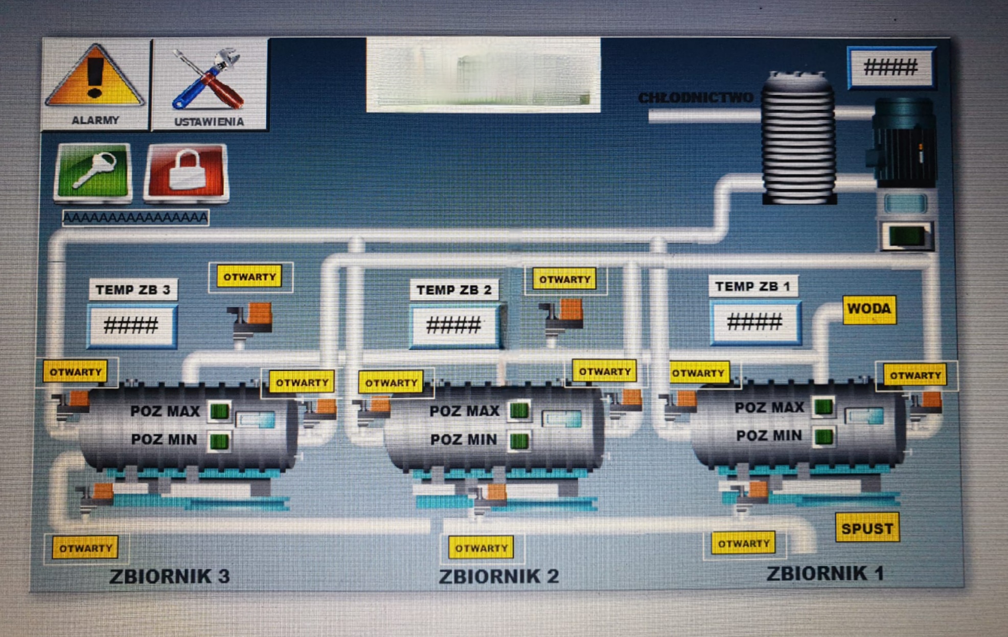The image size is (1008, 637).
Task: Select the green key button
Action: [93, 171]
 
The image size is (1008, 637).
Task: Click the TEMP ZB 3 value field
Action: [132, 326]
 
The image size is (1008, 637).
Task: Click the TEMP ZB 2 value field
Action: [454, 326]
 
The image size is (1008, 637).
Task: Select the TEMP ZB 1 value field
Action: [754, 322]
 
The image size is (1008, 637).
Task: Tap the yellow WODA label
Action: [869, 309]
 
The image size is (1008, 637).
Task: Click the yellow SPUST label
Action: [867, 528]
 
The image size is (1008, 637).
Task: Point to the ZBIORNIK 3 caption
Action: [170, 576]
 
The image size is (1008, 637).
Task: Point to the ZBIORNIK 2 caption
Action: [499, 576]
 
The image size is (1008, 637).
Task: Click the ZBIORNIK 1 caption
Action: [825, 573]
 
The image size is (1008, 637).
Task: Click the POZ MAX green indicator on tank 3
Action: [220, 412]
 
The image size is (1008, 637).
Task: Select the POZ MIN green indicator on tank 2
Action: [519, 441]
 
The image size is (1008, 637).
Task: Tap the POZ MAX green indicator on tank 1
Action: [823, 407]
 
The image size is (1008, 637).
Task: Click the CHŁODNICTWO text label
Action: [696, 98]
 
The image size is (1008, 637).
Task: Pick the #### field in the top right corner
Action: [891, 67]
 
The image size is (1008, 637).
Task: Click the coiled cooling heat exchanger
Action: [798, 138]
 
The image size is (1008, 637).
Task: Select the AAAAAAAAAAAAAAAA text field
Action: [135, 218]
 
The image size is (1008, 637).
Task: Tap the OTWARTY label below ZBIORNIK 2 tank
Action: [481, 548]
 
